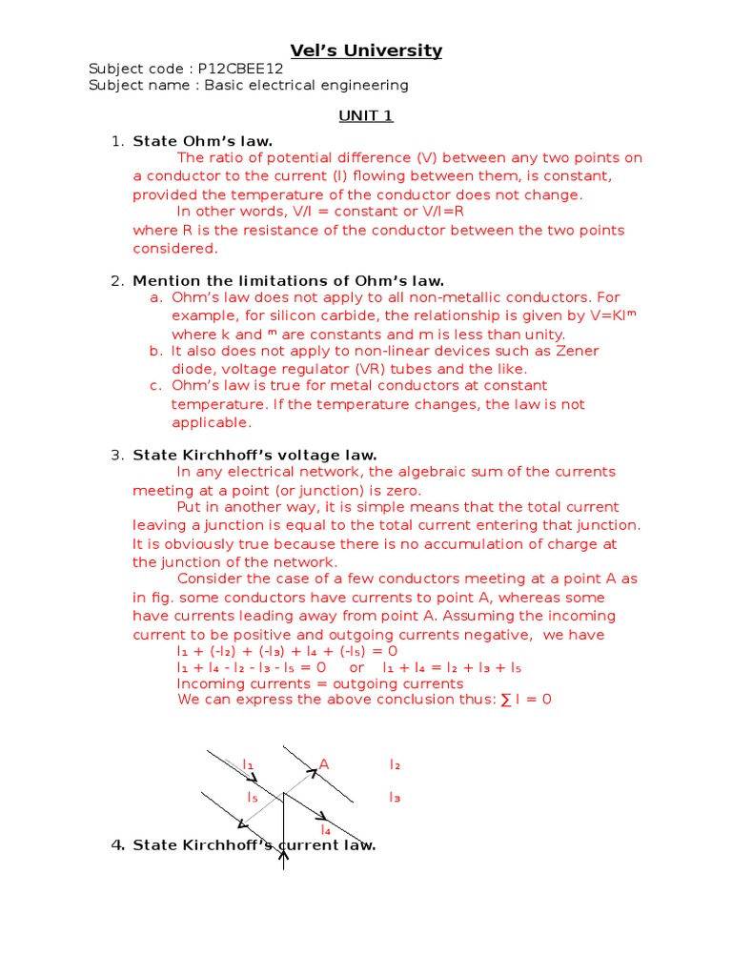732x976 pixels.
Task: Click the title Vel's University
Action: point(366,51)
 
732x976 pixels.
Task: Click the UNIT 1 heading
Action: point(366,116)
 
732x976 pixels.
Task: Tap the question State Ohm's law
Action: point(202,141)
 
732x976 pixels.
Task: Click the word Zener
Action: point(575,351)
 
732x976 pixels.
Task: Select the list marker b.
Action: point(155,351)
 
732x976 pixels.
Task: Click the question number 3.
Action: point(117,455)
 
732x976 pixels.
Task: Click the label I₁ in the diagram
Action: point(249,764)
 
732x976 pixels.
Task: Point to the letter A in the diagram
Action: point(323,764)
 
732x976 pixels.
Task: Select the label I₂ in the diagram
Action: point(395,764)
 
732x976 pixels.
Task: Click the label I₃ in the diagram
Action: point(395,797)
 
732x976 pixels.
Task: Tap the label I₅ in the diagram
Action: point(253,797)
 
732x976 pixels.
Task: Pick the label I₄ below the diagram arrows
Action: point(325,830)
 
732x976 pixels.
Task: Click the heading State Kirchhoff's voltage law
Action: point(254,455)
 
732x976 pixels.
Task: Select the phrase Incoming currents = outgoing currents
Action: point(320,682)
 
